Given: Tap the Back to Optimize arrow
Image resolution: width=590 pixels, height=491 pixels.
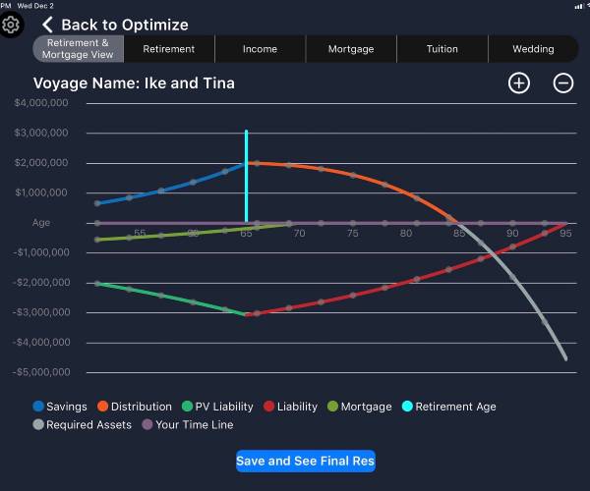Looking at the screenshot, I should (48, 25).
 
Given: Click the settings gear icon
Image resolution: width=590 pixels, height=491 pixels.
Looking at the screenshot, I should (11, 24).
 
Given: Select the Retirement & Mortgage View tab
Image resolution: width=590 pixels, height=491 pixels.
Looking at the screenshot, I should (78, 49).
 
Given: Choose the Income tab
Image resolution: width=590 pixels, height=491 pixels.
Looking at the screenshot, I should (260, 49).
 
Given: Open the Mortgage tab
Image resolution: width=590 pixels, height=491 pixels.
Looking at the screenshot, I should (351, 49).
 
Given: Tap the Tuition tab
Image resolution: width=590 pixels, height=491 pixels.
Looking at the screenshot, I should (442, 49).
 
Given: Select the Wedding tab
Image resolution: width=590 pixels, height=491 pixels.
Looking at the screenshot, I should (533, 49).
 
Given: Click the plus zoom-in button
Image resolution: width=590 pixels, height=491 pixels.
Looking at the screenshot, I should (519, 82).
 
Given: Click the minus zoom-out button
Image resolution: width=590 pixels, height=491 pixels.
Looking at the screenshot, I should (563, 82).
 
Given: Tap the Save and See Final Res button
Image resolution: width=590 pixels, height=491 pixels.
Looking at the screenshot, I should (305, 461).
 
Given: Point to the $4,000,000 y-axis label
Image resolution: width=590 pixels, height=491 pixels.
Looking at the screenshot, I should (41, 102).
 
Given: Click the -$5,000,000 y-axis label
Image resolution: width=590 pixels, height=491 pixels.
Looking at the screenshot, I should (40, 373).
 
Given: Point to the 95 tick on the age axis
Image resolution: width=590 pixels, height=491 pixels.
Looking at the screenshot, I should (566, 234).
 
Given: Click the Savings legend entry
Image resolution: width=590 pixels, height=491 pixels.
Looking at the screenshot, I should (60, 407).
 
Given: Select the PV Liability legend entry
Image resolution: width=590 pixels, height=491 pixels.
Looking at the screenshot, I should (215, 407).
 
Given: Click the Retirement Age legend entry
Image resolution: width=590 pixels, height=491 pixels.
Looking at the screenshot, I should (447, 407).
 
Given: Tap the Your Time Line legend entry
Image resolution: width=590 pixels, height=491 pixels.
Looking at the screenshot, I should (188, 425).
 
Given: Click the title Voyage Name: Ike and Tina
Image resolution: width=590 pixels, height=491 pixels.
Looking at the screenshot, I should (134, 83).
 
